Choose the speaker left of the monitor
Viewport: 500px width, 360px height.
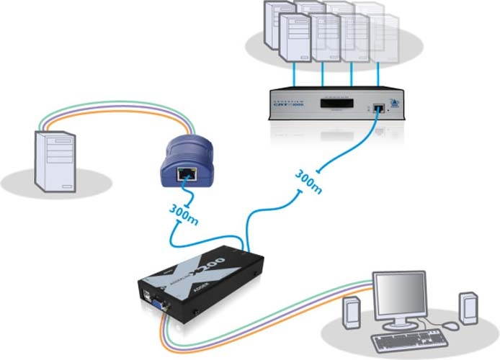click(x=352, y=311)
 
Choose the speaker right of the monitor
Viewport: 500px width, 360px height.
click(x=467, y=306)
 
